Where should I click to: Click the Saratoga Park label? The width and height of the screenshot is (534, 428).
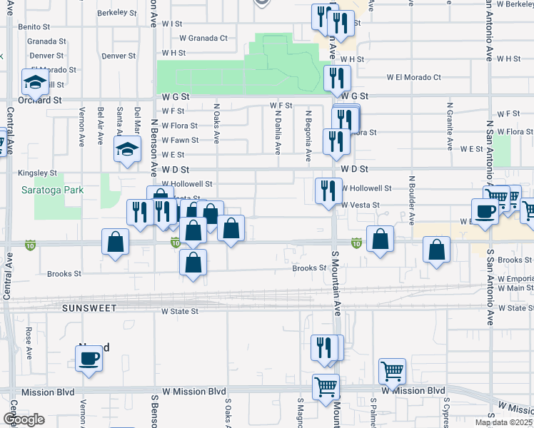[x=52, y=190]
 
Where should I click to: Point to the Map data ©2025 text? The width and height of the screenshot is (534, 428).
[x=503, y=422]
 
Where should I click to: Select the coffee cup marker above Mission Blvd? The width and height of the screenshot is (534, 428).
[x=89, y=359]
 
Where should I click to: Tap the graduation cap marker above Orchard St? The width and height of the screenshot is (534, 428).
[x=34, y=82]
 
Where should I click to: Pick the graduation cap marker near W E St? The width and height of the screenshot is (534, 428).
[x=127, y=150]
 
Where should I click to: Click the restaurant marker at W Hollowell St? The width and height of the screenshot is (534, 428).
[x=328, y=191]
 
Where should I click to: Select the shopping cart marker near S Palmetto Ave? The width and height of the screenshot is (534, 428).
[x=392, y=371]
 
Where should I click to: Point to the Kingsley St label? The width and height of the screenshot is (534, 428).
[x=38, y=173]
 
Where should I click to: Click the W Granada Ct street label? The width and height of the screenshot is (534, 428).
[x=203, y=38]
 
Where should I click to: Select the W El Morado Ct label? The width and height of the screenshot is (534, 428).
[x=414, y=77]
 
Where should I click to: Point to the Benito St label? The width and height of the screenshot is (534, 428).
[x=33, y=26]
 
